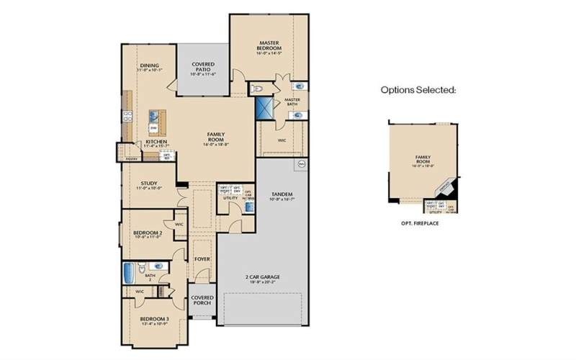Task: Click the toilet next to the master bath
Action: (x=259, y=89)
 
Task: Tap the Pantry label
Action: (x=130, y=158)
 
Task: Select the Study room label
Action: (x=149, y=184)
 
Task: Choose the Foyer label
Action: (x=202, y=258)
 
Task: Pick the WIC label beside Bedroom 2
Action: (x=179, y=224)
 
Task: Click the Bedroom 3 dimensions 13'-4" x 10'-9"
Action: (x=156, y=322)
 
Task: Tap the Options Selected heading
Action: (x=418, y=91)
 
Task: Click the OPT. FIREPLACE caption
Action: (x=420, y=224)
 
